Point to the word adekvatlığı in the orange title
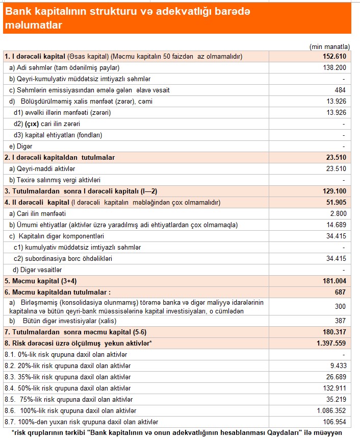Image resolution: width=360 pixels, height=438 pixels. point(174,12)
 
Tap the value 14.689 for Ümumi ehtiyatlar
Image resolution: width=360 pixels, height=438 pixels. point(336,225)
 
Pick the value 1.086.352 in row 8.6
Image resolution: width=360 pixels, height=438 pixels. point(332,410)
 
